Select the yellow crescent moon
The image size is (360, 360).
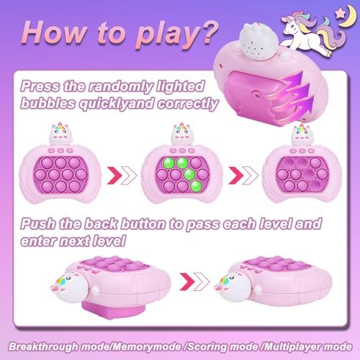[x=348, y=16]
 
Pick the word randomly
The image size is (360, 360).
[x=120, y=86]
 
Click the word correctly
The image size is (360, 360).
[x=187, y=104]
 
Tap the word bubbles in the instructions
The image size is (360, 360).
[x=48, y=104]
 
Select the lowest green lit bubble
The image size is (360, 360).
[x=197, y=186]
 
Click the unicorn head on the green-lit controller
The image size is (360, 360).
[x=181, y=135]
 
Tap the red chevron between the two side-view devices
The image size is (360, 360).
[x=187, y=282]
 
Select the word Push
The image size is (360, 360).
[x=38, y=224]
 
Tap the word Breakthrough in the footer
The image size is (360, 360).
[x=43, y=347]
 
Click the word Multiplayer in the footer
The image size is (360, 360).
[x=291, y=347]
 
